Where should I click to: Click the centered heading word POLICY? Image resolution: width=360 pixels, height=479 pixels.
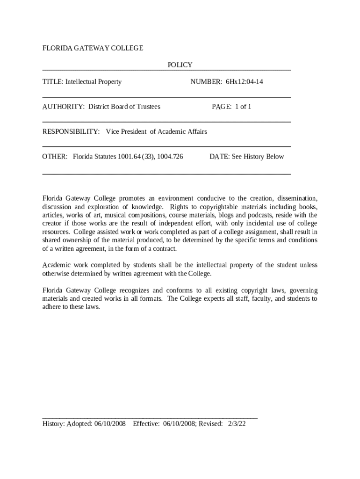click(180, 65)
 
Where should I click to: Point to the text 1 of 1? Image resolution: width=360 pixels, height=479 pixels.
click(243, 107)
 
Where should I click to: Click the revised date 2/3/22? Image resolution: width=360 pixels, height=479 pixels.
click(237, 424)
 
